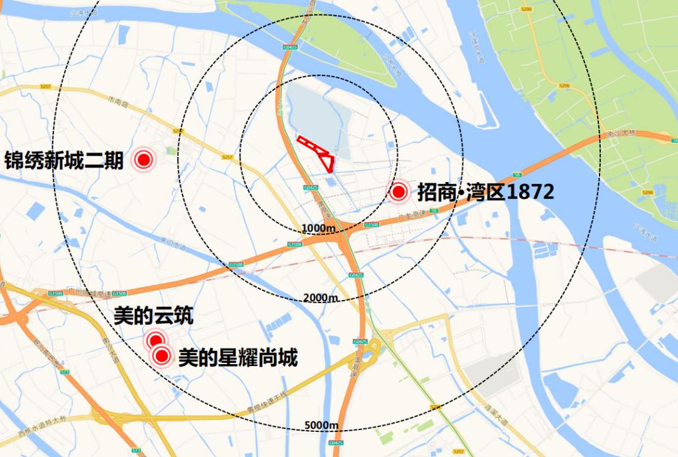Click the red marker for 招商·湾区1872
point(398,192)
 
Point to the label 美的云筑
point(153,316)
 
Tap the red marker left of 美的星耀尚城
point(163,357)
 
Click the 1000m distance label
point(318,227)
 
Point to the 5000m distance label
point(322,426)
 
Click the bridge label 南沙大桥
point(621,134)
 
